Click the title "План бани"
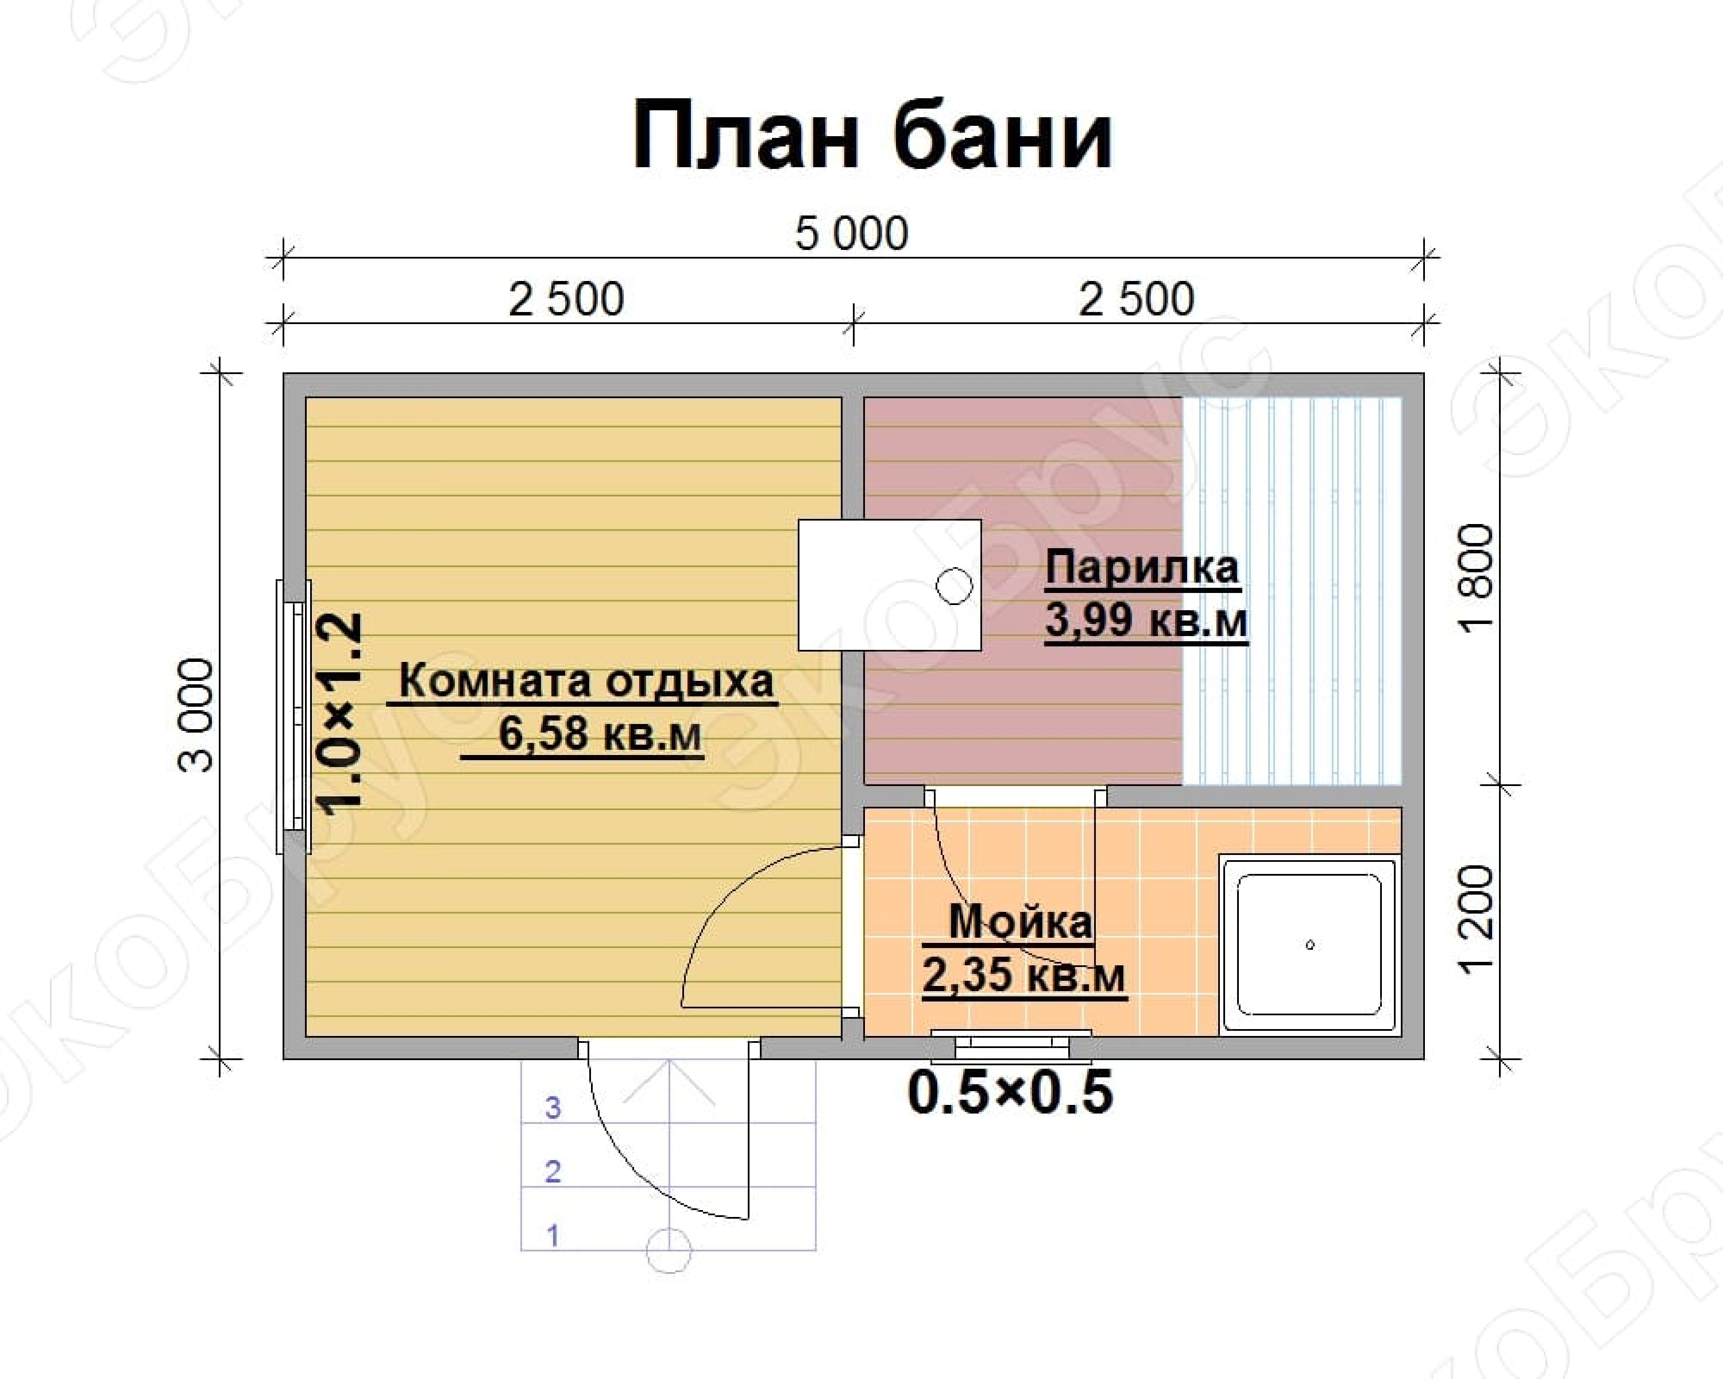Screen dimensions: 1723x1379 pyautogui.click(x=872, y=136)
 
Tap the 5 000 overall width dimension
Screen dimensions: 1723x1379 pyautogui.click(x=852, y=233)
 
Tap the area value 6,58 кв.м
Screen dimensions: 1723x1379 pyautogui.click(x=600, y=733)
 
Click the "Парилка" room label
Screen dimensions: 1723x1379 pyautogui.click(x=1142, y=568)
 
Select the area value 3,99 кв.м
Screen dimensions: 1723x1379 pyautogui.click(x=1146, y=621)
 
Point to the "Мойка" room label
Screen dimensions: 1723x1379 pyautogui.click(x=1020, y=922)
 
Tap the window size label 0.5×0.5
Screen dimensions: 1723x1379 pyautogui.click(x=1010, y=1092)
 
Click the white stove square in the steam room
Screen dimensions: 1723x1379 pyautogui.click(x=890, y=585)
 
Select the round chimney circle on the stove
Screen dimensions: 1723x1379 pyautogui.click(x=953, y=586)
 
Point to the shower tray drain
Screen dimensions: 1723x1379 pyautogui.click(x=1310, y=945)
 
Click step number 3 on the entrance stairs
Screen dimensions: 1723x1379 pyautogui.click(x=553, y=1107)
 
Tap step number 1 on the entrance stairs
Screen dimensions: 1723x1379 pyautogui.click(x=553, y=1235)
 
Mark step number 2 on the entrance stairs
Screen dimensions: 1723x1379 pyautogui.click(x=553, y=1171)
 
